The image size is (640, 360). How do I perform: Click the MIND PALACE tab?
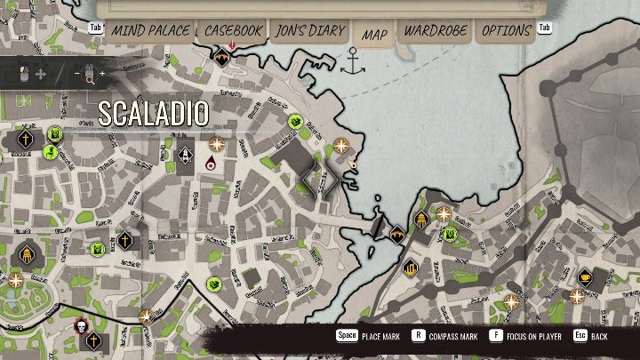[148, 31]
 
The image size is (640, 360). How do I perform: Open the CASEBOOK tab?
[233, 31]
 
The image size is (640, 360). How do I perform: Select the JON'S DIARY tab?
[309, 31]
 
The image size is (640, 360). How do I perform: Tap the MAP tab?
[374, 35]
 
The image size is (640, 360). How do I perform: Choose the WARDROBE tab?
[436, 31]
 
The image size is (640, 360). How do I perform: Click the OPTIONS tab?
[506, 31]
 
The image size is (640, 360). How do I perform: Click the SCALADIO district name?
[154, 114]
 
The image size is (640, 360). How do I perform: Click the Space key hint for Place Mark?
[346, 337]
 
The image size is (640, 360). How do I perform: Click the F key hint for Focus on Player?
[495, 337]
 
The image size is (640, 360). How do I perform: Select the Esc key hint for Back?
[580, 337]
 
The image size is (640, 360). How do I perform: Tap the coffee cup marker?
[585, 276]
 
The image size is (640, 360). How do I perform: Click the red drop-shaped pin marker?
[211, 163]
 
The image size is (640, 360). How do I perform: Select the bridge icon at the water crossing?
[397, 235]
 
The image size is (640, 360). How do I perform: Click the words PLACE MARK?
[380, 337]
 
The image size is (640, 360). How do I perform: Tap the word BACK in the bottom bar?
[600, 337]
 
